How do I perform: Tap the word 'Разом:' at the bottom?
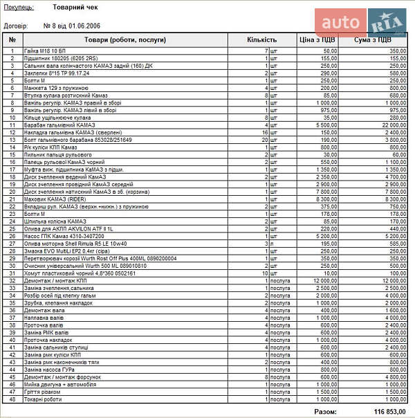[326, 411]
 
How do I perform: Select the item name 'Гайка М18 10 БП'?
[45, 51]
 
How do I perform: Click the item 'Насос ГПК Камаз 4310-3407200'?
[62, 236]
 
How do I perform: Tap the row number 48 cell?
[12, 399]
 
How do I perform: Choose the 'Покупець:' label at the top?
[18, 7]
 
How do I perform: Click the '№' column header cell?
[12, 39]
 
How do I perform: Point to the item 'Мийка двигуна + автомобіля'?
[59, 384]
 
